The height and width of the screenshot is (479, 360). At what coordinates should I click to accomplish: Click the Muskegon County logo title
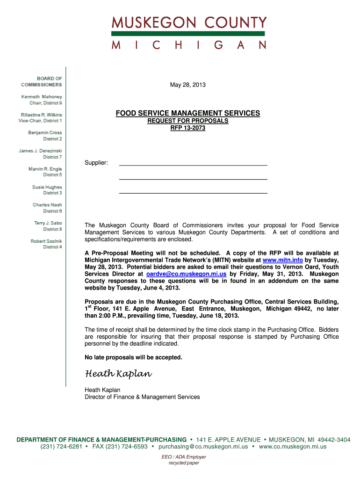coord(189,22)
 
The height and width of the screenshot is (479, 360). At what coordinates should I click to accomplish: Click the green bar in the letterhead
coord(188,34)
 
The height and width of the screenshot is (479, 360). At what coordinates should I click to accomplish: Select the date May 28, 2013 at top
coord(187,85)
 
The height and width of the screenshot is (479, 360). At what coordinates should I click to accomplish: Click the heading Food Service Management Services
coord(188,113)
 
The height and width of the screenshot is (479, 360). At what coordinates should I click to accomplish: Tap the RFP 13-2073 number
coord(188,128)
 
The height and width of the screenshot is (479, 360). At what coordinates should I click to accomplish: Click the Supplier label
coord(96,163)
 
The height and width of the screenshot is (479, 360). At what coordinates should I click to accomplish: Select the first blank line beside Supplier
coord(193,165)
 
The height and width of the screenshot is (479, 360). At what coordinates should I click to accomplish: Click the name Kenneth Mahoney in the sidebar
coord(42,96)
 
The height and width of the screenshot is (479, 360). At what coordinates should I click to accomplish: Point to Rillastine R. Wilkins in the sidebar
coord(41,115)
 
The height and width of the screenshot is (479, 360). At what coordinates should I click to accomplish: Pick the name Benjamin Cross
coord(45,133)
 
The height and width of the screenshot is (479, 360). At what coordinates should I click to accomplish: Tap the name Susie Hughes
coord(47,187)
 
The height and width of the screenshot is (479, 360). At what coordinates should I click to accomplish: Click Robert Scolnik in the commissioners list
coord(46,241)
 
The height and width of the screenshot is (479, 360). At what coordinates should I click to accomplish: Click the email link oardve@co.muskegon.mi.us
coord(186,274)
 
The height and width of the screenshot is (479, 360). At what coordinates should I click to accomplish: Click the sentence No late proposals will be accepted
coord(133,357)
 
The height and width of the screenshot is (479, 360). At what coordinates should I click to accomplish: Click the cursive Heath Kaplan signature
coord(118,374)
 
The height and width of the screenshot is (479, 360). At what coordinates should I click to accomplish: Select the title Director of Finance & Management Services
coord(142,397)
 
